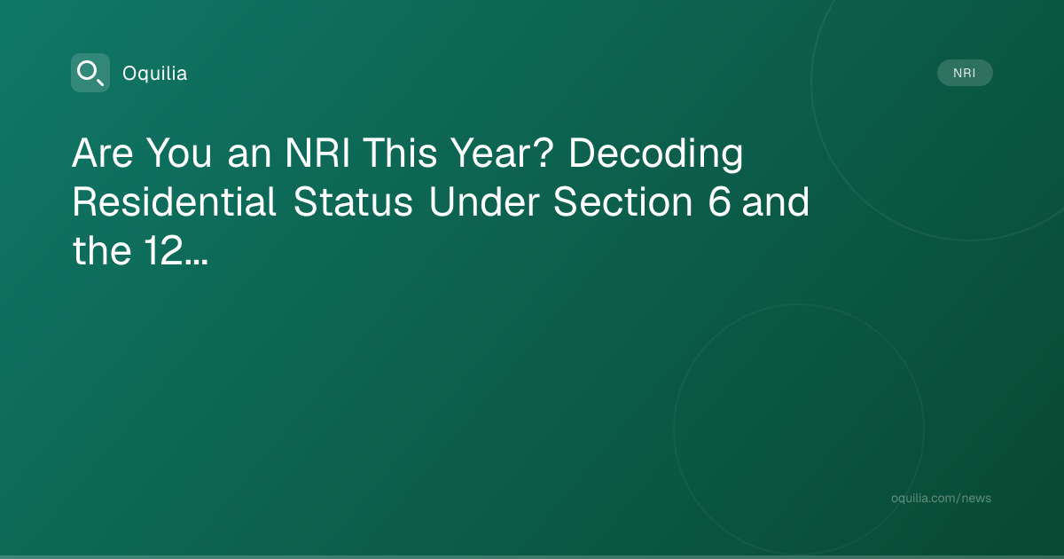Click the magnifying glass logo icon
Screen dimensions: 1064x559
(90, 73)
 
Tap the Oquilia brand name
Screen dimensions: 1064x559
(155, 74)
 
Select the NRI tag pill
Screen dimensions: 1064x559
(965, 73)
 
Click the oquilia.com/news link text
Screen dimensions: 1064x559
(941, 498)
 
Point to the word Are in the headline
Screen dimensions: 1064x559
(103, 153)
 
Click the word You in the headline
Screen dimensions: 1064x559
(178, 153)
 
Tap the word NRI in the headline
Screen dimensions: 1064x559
(317, 153)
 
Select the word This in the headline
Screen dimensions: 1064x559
(401, 153)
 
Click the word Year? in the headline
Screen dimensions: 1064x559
(503, 153)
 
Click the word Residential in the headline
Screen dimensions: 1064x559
(174, 201)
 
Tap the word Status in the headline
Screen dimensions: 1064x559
(353, 202)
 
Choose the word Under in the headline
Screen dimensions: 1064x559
(484, 201)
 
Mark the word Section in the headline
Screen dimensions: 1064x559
(622, 202)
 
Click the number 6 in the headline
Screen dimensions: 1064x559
(719, 202)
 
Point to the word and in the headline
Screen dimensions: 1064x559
(776, 201)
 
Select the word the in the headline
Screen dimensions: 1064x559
(102, 250)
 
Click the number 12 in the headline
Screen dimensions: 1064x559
(163, 250)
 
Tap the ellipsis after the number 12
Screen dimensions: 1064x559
(196, 262)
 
